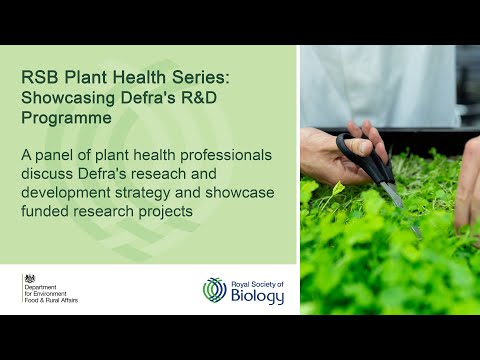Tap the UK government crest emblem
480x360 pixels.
pyautogui.click(x=30, y=279)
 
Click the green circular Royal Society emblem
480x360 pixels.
pyautogui.click(x=215, y=290)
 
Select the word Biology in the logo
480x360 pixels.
pyautogui.click(x=257, y=295)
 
